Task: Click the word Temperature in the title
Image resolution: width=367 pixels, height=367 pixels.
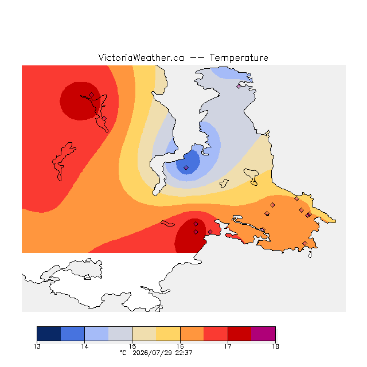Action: [x=239, y=57]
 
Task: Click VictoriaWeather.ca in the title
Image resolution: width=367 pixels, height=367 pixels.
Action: [x=141, y=57]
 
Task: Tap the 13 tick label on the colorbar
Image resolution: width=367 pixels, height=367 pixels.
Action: [x=37, y=346]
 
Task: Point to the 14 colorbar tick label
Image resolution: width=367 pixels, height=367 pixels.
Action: [x=84, y=346]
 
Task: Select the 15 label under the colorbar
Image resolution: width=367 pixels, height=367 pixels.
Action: [x=132, y=346]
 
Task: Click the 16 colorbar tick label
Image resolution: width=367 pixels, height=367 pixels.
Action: [x=180, y=346]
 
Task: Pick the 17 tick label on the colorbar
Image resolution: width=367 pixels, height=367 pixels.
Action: [x=228, y=346]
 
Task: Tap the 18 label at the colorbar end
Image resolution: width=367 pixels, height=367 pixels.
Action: [x=275, y=346]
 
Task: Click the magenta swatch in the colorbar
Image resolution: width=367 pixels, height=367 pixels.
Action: [x=263, y=334]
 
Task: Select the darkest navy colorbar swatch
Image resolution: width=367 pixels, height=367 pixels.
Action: [x=49, y=334]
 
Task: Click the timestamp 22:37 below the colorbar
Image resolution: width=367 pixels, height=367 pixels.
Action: [x=183, y=353]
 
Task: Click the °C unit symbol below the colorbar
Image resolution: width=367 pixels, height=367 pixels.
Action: [x=123, y=353]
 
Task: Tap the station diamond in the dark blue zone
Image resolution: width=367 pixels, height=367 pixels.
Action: [x=186, y=167]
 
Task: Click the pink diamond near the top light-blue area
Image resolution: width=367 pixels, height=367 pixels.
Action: [x=239, y=86]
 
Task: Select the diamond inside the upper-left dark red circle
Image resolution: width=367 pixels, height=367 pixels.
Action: [x=92, y=95]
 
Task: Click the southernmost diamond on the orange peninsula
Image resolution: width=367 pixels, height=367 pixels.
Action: [x=304, y=243]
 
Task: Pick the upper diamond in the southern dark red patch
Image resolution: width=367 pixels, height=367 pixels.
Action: [x=196, y=224]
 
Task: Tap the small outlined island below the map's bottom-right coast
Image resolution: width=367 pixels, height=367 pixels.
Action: [x=310, y=255]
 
